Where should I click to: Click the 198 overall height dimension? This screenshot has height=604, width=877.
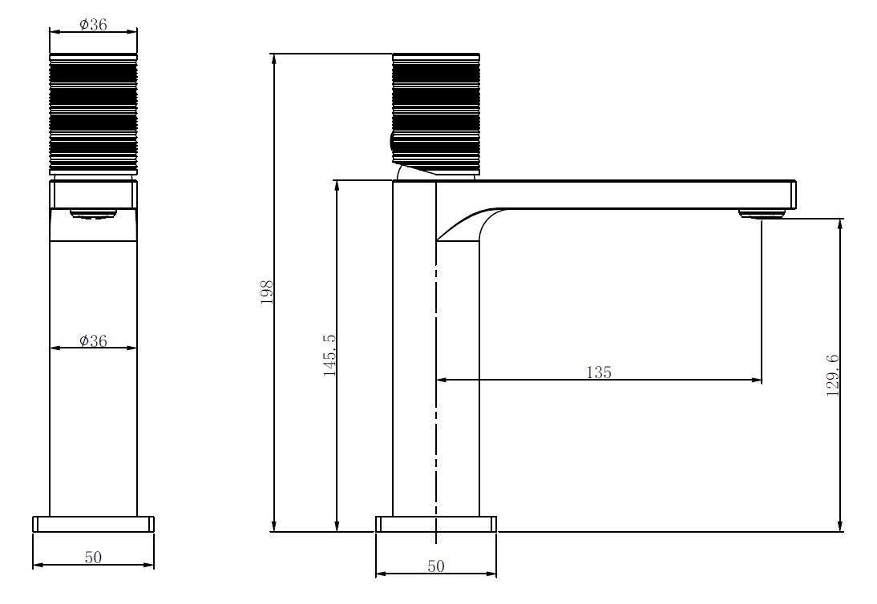pos(267,292)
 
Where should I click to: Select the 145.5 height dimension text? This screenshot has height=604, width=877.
pos(329,356)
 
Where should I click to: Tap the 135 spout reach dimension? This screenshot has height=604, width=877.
pos(599,372)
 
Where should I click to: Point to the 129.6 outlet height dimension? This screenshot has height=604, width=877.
pos(833,375)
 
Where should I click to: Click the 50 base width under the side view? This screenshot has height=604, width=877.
pos(436,566)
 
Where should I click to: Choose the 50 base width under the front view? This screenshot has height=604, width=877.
pos(93,557)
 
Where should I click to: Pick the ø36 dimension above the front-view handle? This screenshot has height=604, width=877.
pos(93,24)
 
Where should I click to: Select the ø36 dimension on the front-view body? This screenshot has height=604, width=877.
pos(93,340)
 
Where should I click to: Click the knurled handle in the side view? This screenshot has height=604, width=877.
pos(436,114)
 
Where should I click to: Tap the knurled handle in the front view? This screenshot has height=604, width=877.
pos(93,114)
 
